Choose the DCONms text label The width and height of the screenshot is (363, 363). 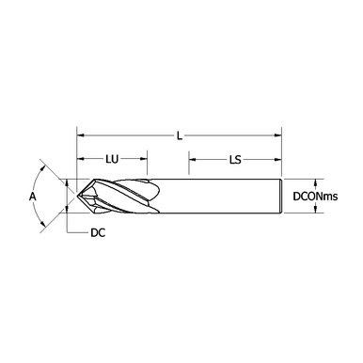[315, 197]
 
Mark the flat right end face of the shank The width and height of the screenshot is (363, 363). [283, 197]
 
